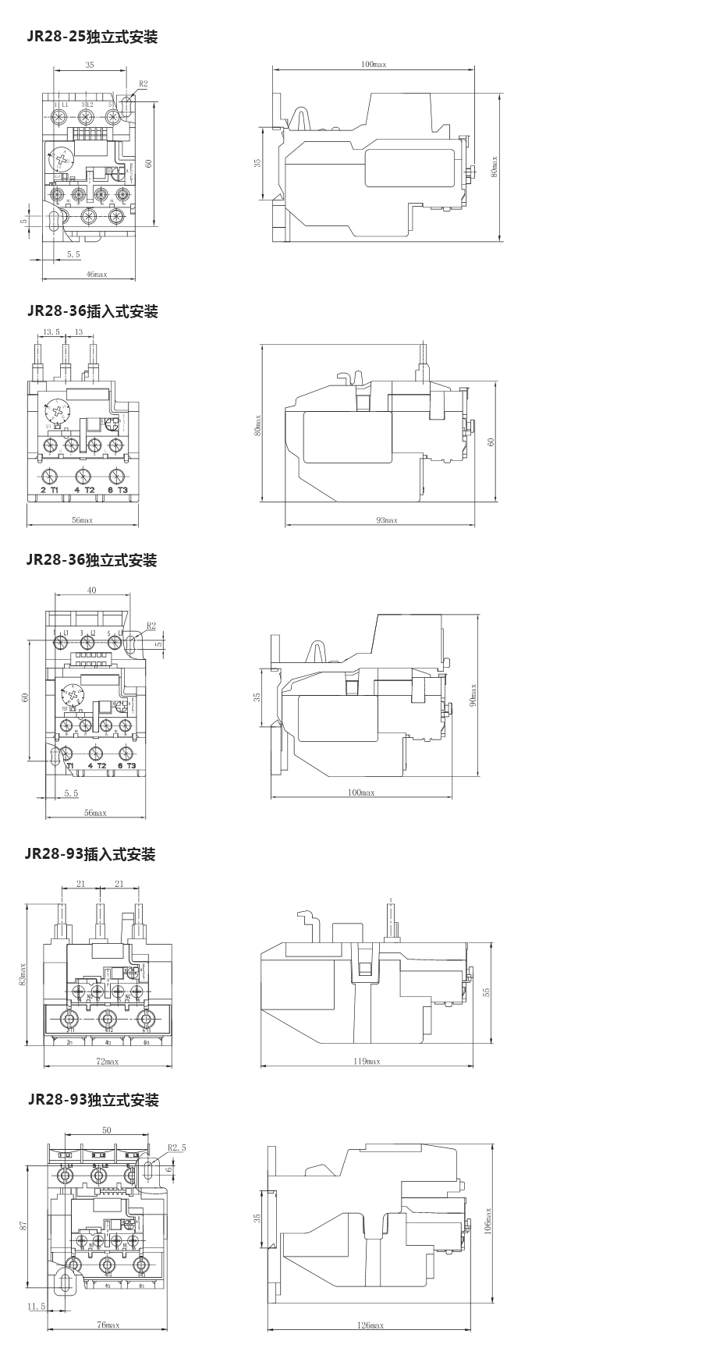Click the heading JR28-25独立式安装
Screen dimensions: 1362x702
[x=92, y=37]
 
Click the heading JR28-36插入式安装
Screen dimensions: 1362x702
[x=92, y=311]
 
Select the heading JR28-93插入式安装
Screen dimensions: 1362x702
[x=90, y=854]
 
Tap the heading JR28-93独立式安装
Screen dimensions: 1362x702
[x=93, y=1100]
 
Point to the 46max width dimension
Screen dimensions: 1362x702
[x=96, y=274]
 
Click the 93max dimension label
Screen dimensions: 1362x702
[x=387, y=520]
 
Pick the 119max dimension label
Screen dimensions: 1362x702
[x=366, y=1061]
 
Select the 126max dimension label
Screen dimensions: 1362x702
[x=370, y=1325]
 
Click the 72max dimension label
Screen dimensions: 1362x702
[x=107, y=1061]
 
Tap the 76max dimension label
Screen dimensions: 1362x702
[x=108, y=1325]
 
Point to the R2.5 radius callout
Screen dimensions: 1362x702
[x=177, y=1147]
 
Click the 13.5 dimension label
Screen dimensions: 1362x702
[x=51, y=332]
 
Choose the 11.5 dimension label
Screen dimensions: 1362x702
[x=37, y=1306]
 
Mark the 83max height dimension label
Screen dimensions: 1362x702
[x=23, y=974]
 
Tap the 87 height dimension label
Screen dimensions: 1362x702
[x=23, y=1226]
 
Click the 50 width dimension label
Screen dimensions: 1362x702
[x=107, y=1130]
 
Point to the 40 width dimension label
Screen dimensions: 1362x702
[x=91, y=591]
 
